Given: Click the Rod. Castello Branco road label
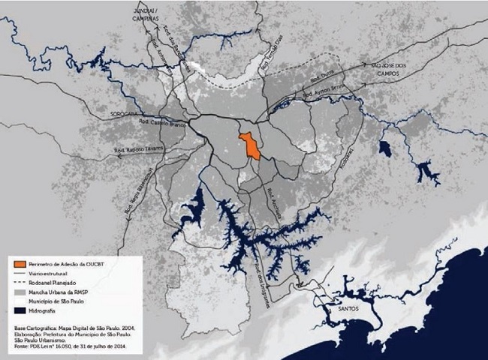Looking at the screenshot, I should tap(157, 122).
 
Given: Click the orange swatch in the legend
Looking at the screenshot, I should tap(20, 265).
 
